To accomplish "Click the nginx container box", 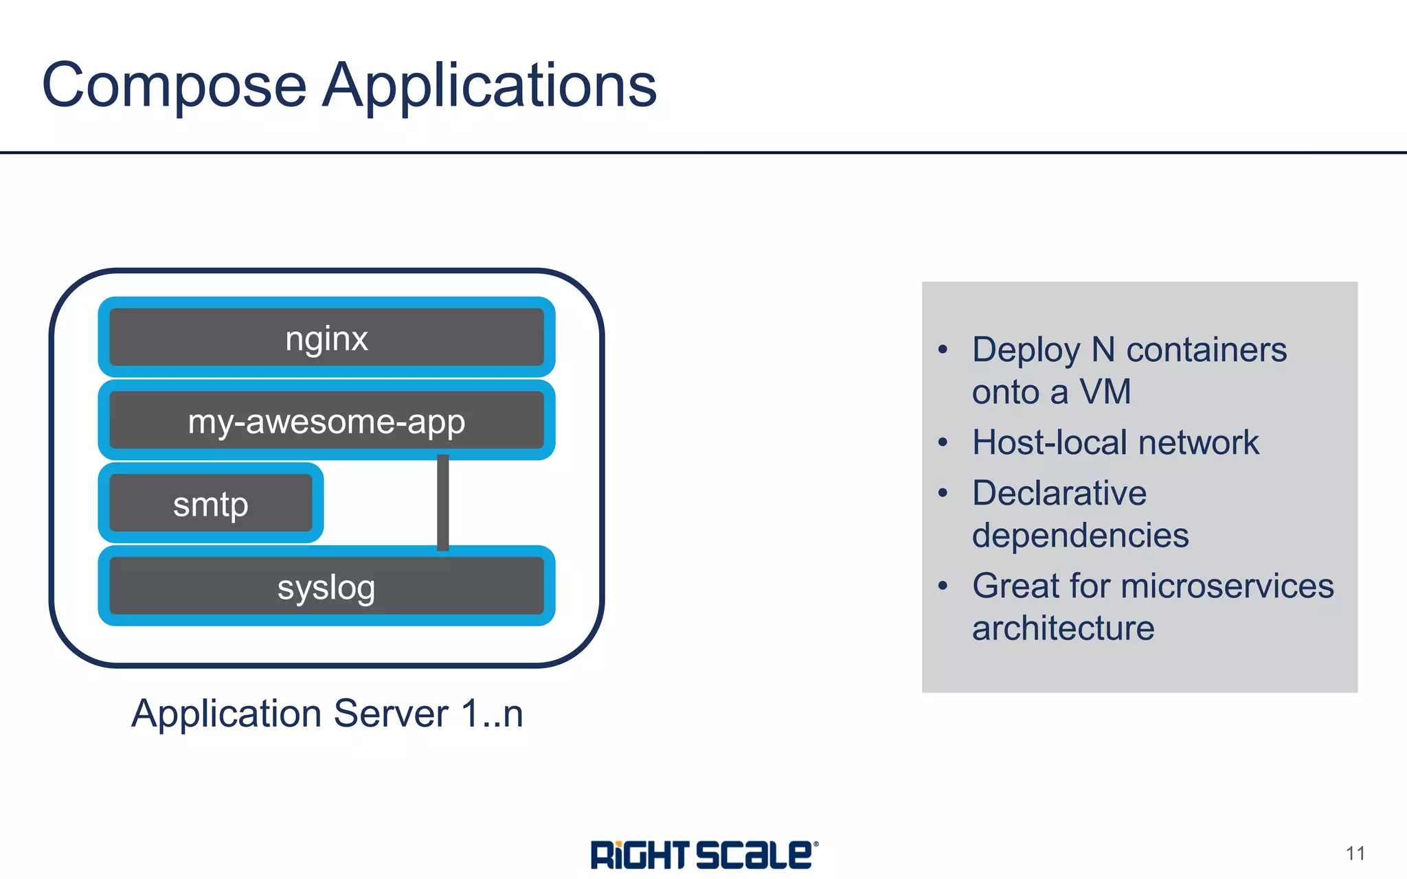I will coord(326,337).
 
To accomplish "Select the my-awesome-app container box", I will coord(326,420).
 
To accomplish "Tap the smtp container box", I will coord(210,503).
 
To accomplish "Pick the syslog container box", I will coord(326,586).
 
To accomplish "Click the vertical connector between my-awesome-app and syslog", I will coord(443,503).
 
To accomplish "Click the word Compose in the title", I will coord(174,86).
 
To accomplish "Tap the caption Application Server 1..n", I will coord(327,714).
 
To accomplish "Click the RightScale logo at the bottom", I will coord(704,855).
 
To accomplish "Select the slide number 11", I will coord(1355,854).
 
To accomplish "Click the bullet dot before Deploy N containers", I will coord(943,350).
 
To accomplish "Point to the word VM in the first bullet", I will coord(1105,392).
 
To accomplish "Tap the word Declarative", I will coord(1059,493).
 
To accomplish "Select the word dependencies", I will coord(1080,536).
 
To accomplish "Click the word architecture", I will coord(1063,628).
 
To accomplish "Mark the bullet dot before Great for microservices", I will coord(943,586).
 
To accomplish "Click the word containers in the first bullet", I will coord(1206,350).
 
